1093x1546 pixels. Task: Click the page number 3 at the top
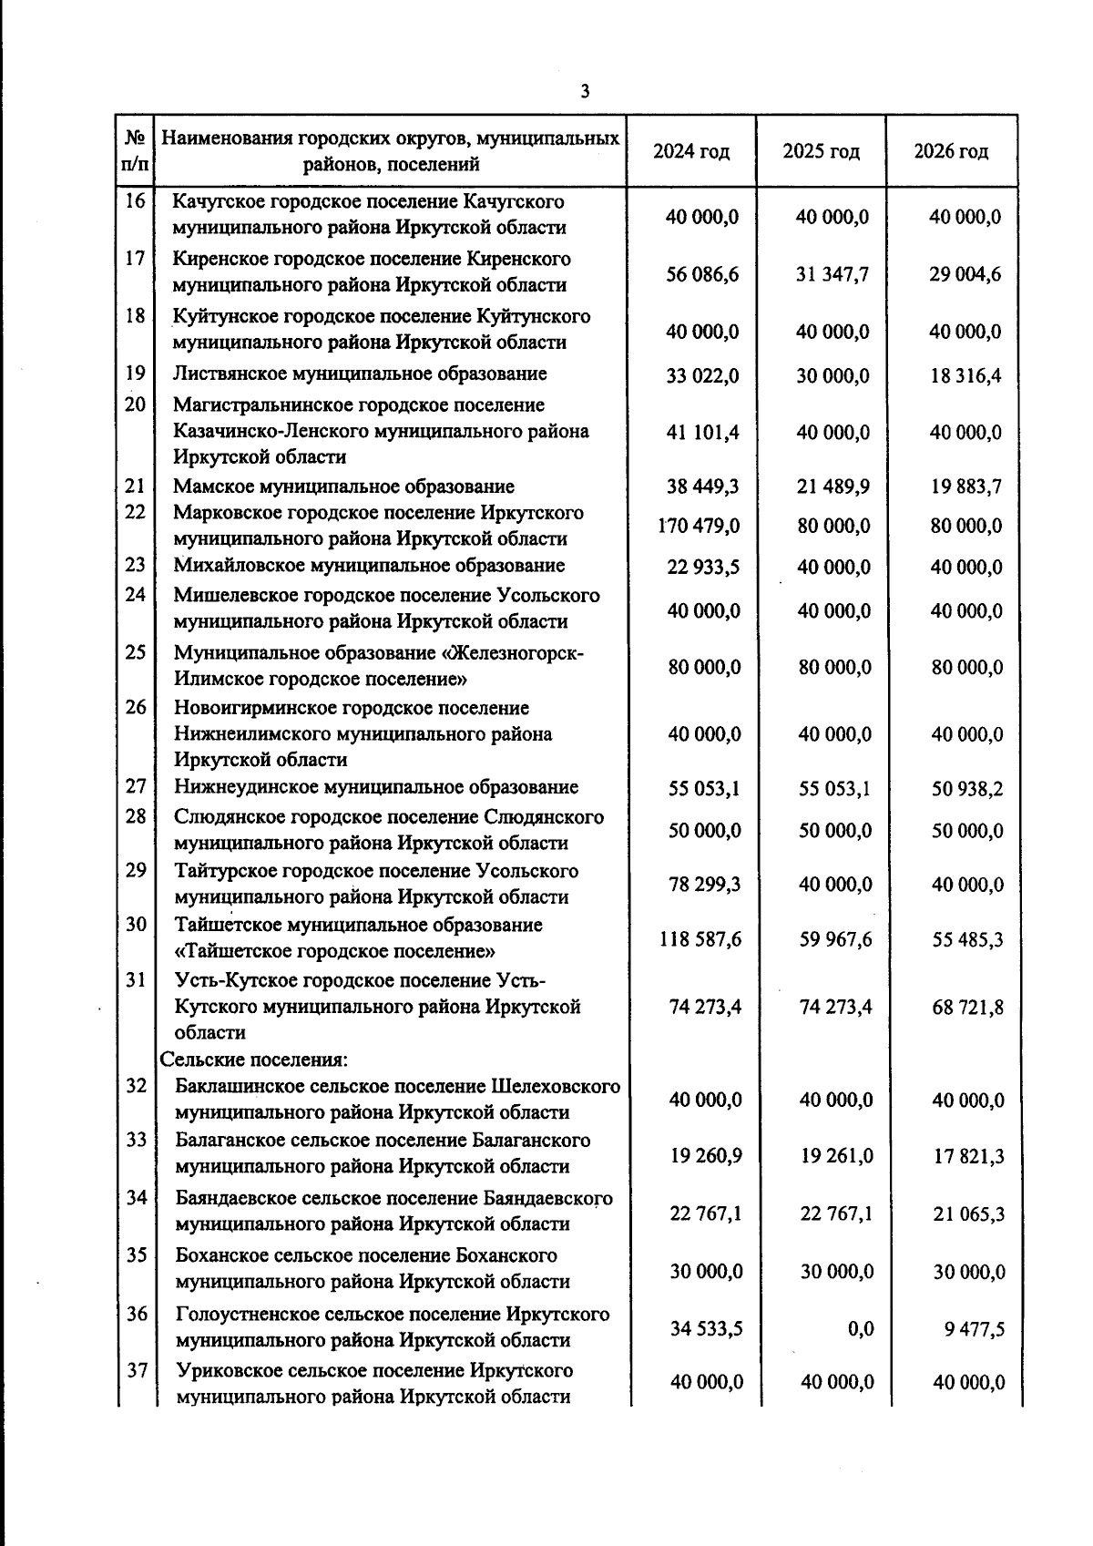tap(585, 91)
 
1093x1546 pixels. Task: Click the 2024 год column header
tap(691, 151)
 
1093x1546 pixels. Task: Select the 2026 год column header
tap(951, 151)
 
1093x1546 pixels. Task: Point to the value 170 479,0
tap(699, 526)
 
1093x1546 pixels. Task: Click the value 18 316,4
tap(965, 375)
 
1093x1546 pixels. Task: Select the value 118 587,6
tap(700, 938)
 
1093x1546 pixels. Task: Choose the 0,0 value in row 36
tap(861, 1329)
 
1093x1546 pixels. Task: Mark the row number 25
tap(136, 652)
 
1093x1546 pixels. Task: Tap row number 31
tap(136, 980)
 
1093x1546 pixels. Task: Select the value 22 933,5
tap(703, 567)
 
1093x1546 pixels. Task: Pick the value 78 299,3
tap(704, 884)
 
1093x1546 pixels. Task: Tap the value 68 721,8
tap(967, 1007)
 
